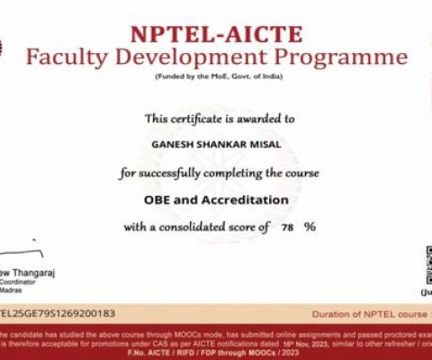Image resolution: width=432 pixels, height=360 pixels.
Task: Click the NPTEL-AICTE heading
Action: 216,35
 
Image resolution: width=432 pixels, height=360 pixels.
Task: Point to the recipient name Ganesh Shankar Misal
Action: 216,143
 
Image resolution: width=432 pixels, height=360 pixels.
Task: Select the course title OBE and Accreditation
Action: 216,199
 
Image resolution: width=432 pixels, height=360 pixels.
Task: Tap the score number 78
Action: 287,228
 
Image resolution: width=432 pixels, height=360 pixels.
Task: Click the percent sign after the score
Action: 310,228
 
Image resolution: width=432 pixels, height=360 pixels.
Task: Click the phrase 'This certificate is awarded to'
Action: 216,118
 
